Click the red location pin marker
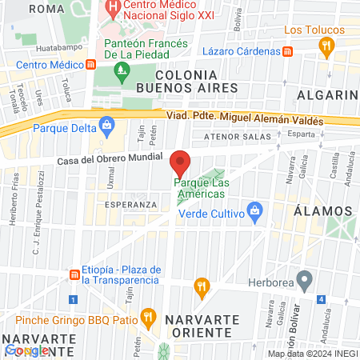point(180,163)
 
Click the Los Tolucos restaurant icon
point(325,47)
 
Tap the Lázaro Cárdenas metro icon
point(289,50)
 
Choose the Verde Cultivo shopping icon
point(254,213)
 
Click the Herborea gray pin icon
point(303,280)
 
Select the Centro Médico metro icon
point(92,64)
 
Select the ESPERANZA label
point(130,205)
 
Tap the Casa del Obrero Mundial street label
point(110,158)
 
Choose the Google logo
point(27,350)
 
